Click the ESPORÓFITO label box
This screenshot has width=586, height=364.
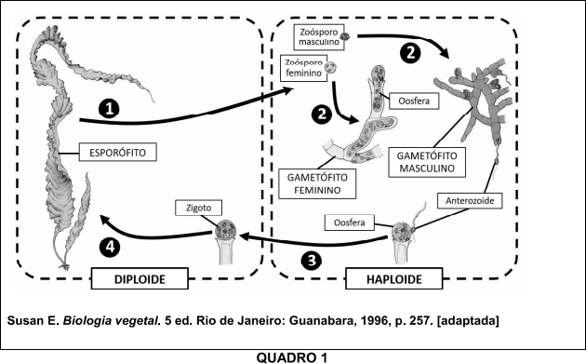118,153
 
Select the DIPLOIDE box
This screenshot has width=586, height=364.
140,278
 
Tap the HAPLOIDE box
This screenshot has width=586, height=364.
393,278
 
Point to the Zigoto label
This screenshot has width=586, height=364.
198,208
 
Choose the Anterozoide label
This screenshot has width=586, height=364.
470,200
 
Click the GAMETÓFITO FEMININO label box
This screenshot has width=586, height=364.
317,183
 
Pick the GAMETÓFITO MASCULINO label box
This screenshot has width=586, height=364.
427,162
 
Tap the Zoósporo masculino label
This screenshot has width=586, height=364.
319,36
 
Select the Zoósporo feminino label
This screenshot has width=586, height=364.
303,68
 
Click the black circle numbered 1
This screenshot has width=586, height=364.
109,109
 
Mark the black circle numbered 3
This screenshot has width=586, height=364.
311,261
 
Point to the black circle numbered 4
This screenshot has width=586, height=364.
110,248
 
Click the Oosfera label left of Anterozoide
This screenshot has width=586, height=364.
350,222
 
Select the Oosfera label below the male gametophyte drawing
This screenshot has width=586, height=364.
414,101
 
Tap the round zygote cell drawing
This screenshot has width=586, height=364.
226,229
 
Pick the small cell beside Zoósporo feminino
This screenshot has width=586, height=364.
329,68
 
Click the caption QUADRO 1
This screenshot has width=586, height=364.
291,357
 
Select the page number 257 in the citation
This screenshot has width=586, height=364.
421,320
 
